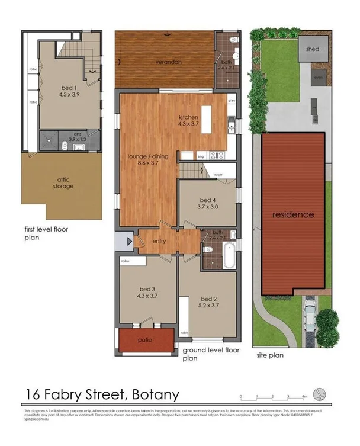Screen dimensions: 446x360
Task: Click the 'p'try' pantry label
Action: (x=232, y=101)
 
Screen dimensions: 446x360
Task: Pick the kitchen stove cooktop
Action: (x=217, y=155)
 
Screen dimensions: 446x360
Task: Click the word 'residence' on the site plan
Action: (x=293, y=214)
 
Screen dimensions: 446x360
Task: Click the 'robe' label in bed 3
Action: (x=125, y=261)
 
